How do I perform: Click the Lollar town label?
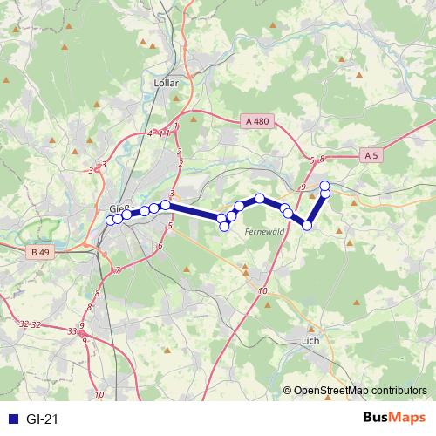tap(165, 84)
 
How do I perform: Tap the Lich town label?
tap(309, 341)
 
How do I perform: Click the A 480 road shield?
tap(257, 123)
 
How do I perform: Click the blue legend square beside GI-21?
tap(12, 419)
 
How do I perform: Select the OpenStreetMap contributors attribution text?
tap(361, 390)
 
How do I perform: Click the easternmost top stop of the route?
tap(325, 185)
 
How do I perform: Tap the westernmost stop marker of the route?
tap(111, 220)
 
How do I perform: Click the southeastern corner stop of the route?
tap(307, 226)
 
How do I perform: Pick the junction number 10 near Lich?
tap(263, 292)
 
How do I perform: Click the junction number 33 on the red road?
tap(72, 330)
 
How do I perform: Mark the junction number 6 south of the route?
tap(160, 247)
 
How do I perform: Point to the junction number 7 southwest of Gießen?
tap(118, 270)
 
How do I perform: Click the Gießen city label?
tap(119, 208)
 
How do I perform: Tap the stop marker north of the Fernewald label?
tap(260, 199)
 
